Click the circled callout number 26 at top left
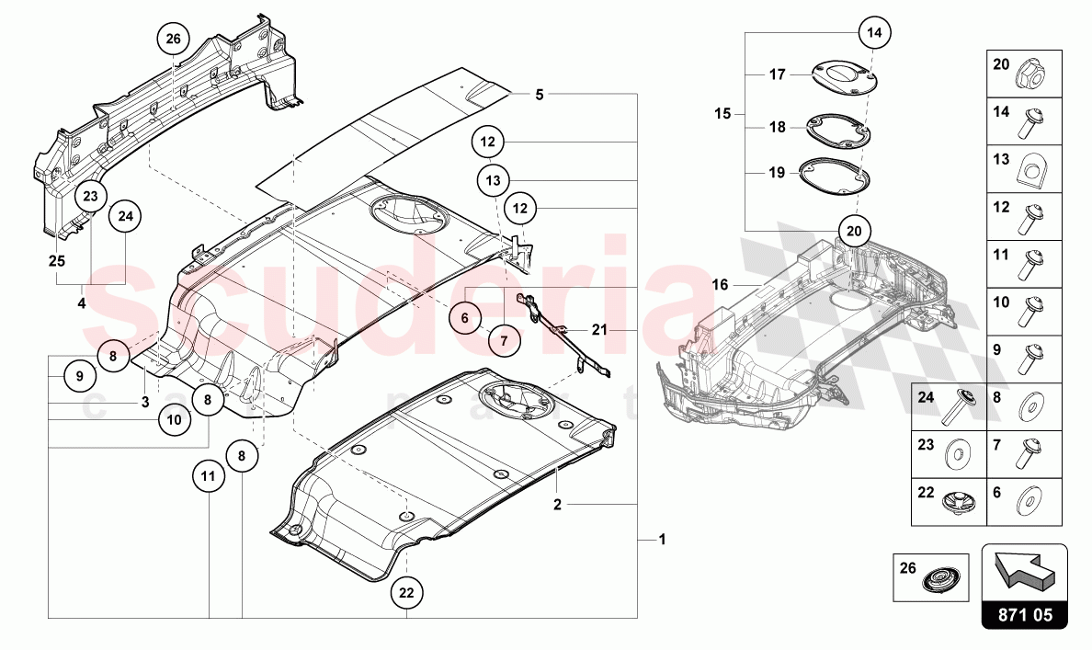[x=173, y=40]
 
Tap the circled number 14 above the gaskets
[x=874, y=33]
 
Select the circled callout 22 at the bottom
[x=406, y=594]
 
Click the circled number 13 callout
[x=494, y=179]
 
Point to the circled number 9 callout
[x=79, y=375]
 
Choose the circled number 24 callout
[x=126, y=217]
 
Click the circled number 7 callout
[x=504, y=339]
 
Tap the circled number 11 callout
[x=209, y=476]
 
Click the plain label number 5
[x=540, y=94]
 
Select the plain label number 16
[x=720, y=286]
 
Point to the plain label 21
[x=599, y=329]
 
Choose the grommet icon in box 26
[x=942, y=582]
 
